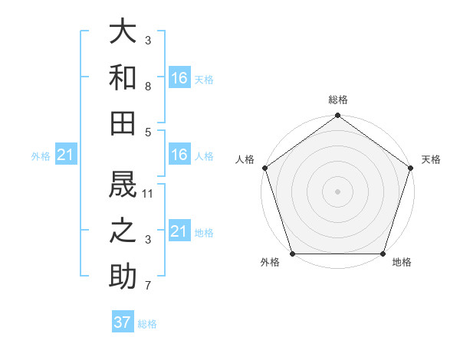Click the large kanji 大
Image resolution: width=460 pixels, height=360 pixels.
tap(123, 31)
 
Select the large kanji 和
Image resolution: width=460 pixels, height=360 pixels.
tap(123, 77)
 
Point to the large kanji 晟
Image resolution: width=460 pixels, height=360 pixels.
tap(123, 184)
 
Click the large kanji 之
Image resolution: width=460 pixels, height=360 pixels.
tap(123, 230)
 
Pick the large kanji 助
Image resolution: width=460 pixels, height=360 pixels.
tap(123, 275)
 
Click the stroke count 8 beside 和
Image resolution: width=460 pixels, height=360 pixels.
tap(148, 87)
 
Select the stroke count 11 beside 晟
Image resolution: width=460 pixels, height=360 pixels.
tap(148, 193)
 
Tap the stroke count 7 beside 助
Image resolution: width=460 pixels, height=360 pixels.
tap(148, 286)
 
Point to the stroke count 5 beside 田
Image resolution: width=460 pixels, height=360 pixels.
tap(148, 132)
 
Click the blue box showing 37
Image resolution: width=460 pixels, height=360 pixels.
tap(123, 322)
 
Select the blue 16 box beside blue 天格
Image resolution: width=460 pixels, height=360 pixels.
tap(179, 77)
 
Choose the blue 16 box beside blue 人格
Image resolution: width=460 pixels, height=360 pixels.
tap(179, 155)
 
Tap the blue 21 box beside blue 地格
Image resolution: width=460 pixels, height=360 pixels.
tap(179, 231)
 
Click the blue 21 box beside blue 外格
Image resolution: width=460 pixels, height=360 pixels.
tap(65, 155)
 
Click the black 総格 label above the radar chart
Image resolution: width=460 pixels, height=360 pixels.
tap(338, 100)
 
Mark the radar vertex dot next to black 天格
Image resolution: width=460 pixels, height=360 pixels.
tap(411, 168)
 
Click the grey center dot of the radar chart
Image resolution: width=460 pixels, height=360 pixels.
tap(338, 191)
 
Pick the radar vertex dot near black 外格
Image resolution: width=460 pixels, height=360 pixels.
tap(293, 254)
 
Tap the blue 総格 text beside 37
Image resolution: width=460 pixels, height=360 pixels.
tap(147, 324)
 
